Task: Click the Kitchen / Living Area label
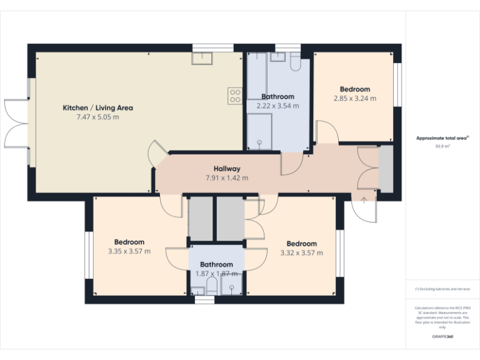click(97, 107)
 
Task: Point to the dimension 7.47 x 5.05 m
click(97, 117)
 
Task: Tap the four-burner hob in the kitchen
click(235, 96)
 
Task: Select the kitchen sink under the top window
click(202, 57)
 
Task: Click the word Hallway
click(227, 169)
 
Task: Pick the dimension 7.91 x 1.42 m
click(227, 178)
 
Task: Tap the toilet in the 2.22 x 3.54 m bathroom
click(295, 62)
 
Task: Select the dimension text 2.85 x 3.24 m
click(355, 98)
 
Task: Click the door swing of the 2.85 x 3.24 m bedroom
click(327, 132)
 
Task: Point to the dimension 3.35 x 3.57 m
click(129, 252)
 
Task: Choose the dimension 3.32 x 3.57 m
click(301, 253)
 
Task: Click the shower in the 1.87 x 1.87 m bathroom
click(231, 288)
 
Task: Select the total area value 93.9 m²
click(442, 145)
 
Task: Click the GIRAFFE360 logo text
click(442, 337)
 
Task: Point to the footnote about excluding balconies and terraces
click(442, 289)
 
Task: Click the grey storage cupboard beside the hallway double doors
click(386, 168)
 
